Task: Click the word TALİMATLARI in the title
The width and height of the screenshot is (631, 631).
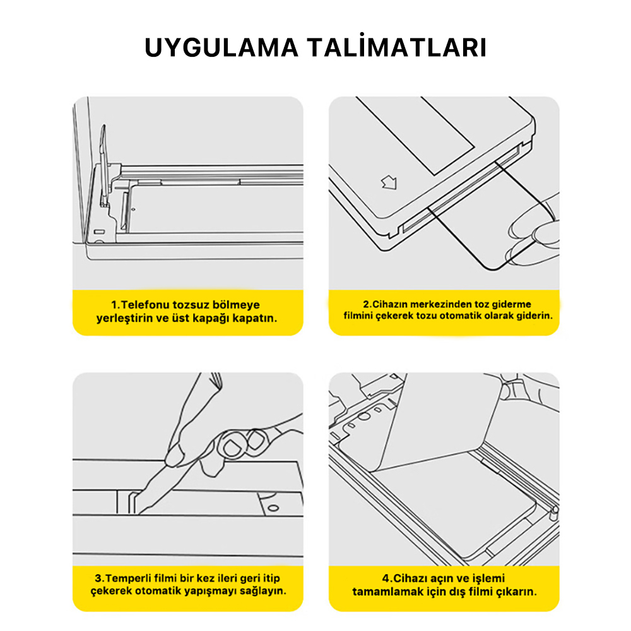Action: coord(398,48)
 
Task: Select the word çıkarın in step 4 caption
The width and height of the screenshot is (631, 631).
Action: coord(519,592)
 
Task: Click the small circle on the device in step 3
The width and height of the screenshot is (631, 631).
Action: coord(273,507)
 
